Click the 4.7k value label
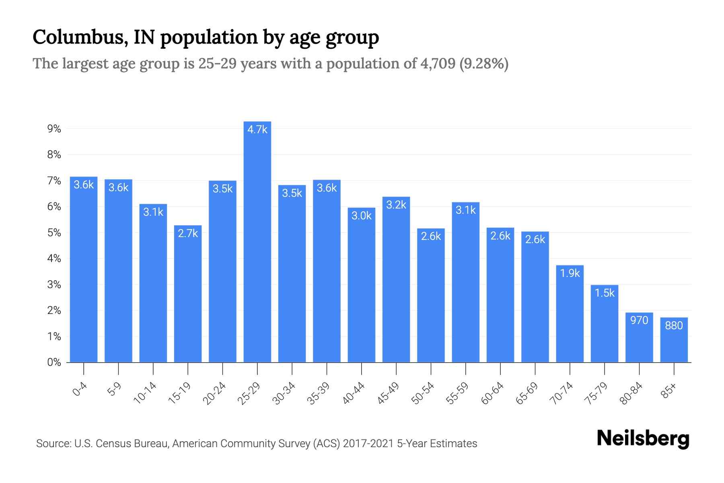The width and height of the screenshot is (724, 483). tap(257, 130)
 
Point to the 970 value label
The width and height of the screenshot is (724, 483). tap(639, 320)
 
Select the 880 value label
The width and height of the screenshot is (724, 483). tap(674, 325)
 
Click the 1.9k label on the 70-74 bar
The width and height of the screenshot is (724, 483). tap(570, 273)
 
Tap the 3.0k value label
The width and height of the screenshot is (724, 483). tap(361, 216)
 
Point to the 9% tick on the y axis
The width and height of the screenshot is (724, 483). tap(54, 129)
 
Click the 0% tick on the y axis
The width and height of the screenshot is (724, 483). tap(54, 362)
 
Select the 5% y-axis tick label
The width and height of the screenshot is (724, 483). tap(54, 233)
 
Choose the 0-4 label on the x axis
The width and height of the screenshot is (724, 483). tap(80, 390)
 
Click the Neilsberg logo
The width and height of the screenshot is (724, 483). tap(643, 439)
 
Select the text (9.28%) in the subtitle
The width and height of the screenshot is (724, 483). tap(484, 64)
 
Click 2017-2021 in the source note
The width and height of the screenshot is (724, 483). tap(368, 444)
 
